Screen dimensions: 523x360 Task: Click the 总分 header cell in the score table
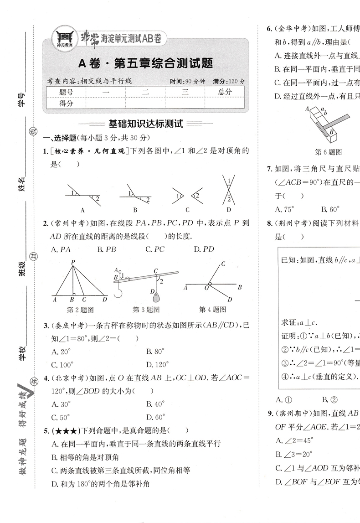tap(225, 92)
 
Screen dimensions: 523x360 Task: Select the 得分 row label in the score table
tap(66, 104)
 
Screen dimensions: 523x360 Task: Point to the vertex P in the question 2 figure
tap(72, 262)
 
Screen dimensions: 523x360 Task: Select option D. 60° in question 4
tap(155, 417)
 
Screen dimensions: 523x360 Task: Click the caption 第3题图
tap(146, 310)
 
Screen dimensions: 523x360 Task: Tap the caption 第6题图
tap(328, 152)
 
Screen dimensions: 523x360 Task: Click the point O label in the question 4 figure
tap(206, 288)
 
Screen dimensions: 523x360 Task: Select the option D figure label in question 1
tap(228, 210)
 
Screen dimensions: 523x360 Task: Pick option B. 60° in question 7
tap(330, 210)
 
